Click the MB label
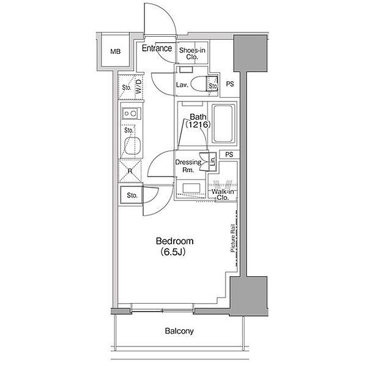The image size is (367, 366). click(x=116, y=51)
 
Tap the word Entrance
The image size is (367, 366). click(x=157, y=48)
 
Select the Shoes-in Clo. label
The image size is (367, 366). click(x=192, y=53)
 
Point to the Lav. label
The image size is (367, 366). click(x=182, y=85)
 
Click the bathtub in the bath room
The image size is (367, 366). click(x=223, y=123)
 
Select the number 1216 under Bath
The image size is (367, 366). click(x=198, y=125)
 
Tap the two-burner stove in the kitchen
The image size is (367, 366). click(x=132, y=114)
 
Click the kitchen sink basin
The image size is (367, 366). click(x=133, y=145)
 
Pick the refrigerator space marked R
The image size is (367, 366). click(x=130, y=171)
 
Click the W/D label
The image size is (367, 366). click(x=139, y=87)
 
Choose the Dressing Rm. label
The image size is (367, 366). click(x=188, y=166)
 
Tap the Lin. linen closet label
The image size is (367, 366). click(x=213, y=161)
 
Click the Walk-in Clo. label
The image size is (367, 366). click(x=223, y=194)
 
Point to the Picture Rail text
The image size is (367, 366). click(x=233, y=238)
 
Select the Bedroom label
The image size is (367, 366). click(x=174, y=241)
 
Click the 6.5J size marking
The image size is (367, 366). click(x=173, y=252)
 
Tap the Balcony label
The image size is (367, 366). click(x=179, y=331)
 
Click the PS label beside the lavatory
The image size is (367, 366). click(x=230, y=84)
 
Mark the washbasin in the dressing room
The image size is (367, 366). click(x=191, y=188)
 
